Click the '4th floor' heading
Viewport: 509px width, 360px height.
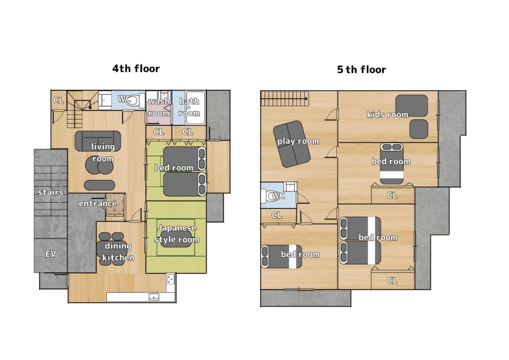pos(136,69)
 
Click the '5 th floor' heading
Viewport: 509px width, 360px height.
pos(361,69)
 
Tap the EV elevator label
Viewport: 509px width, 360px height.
pos(51,254)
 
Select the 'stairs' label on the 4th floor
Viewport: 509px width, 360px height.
pos(51,192)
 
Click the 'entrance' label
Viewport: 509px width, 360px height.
pos(98,203)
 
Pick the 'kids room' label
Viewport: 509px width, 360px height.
pos(388,114)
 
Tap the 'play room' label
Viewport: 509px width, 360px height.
pos(298,141)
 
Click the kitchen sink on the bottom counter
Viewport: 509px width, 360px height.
pos(154,297)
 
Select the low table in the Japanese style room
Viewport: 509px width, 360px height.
pos(176,239)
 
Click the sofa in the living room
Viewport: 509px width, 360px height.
pos(98,141)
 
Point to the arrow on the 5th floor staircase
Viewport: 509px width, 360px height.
pos(284,99)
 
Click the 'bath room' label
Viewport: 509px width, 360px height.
pos(189,107)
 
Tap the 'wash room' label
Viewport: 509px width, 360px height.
pos(159,107)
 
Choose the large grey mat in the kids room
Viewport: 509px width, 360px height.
pos(412,106)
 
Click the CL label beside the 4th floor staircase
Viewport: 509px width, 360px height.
pos(59,100)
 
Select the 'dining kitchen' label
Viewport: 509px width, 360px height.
pos(118,252)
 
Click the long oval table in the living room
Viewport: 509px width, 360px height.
pos(100,185)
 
